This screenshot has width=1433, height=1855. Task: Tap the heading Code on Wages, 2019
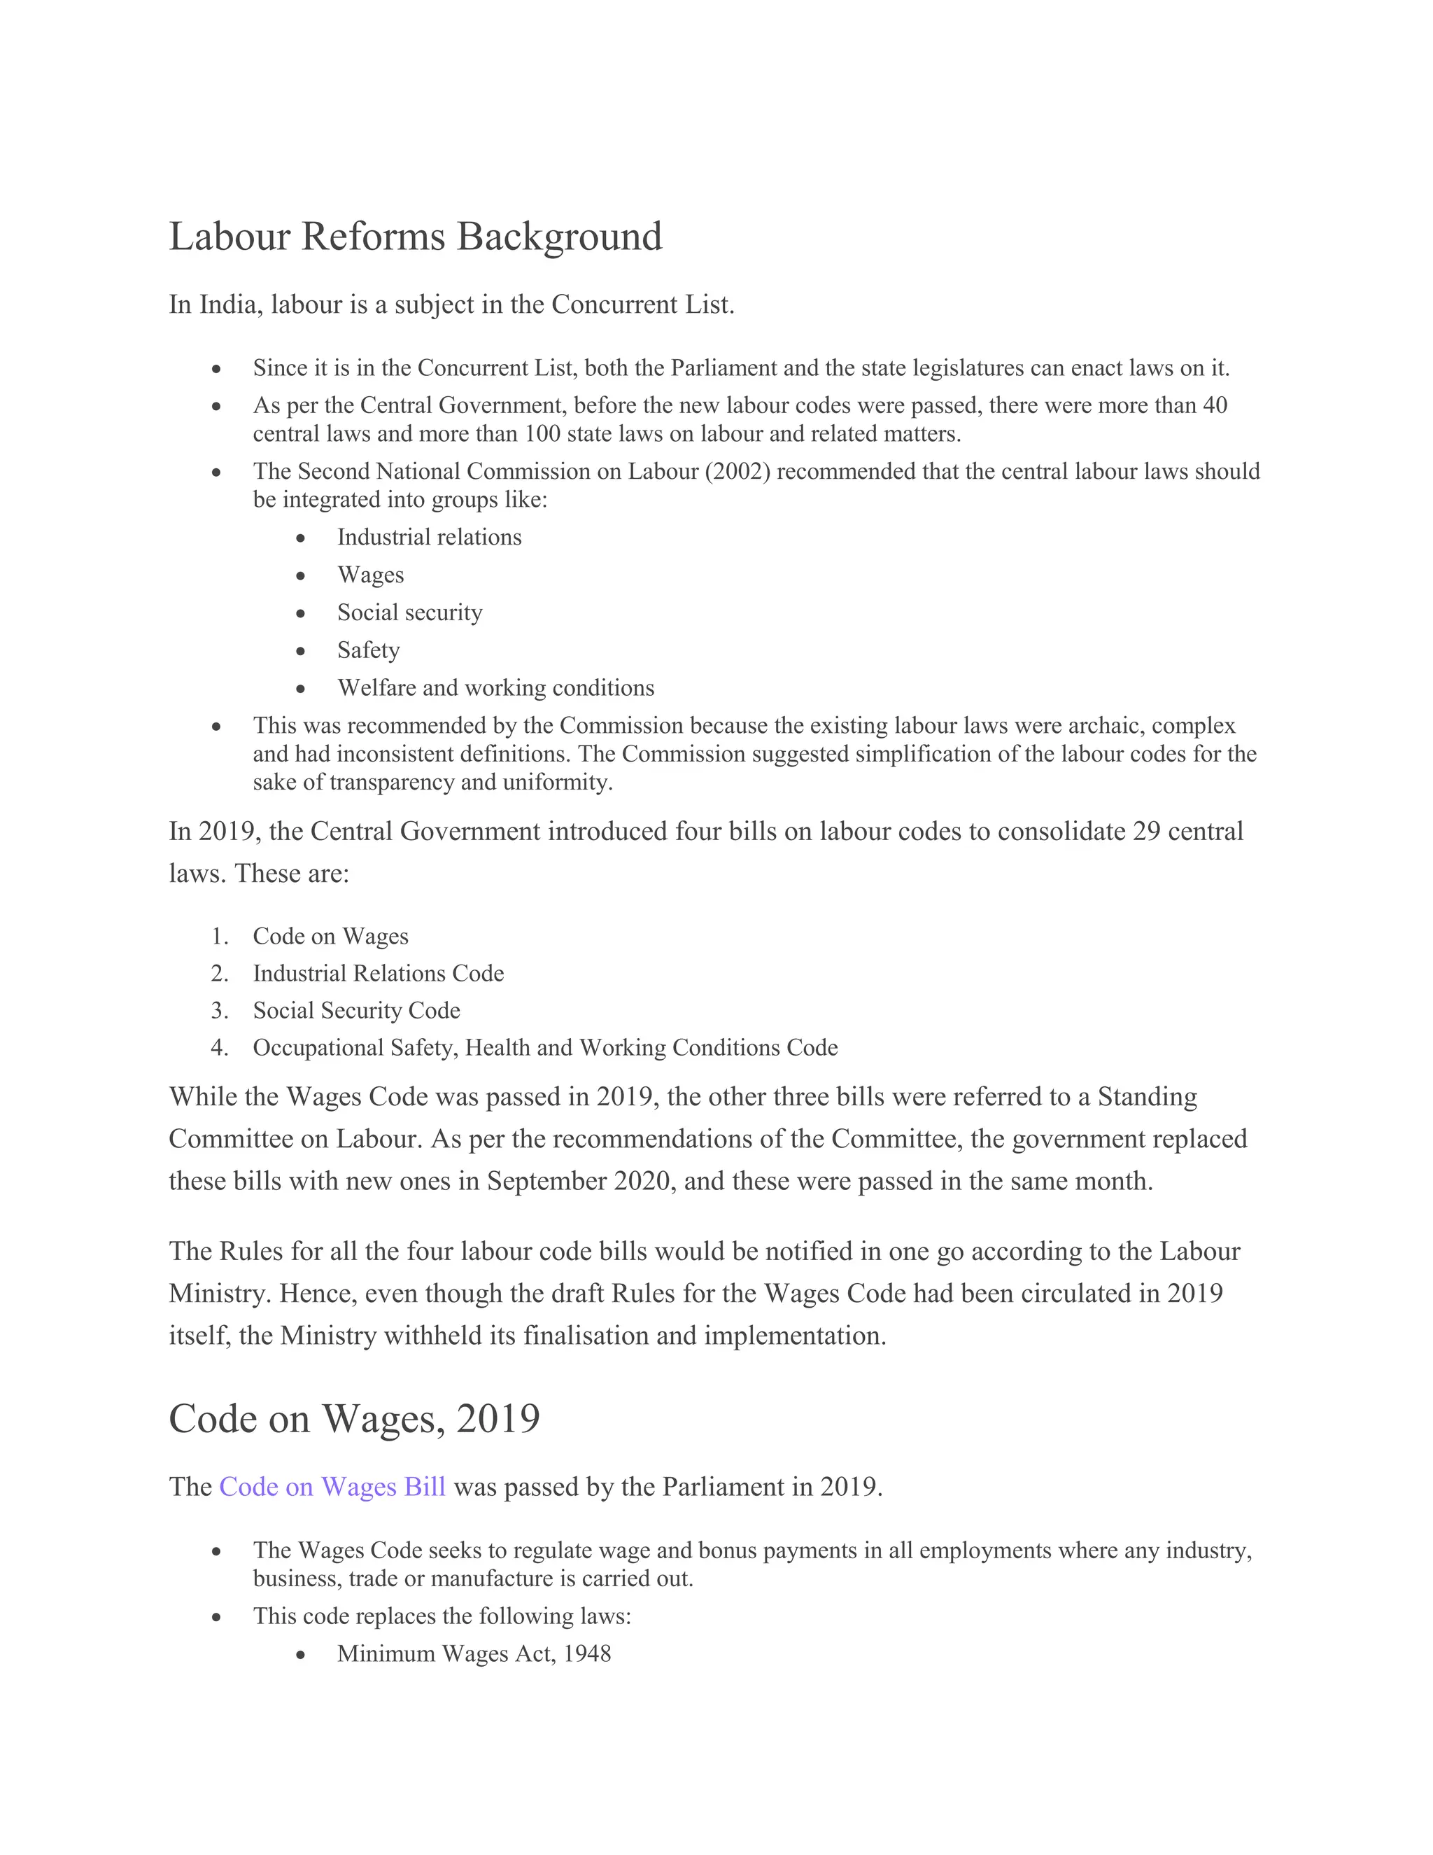point(354,1418)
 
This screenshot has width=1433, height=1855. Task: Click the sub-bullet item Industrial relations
point(429,538)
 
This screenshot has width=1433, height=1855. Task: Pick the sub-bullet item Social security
point(409,612)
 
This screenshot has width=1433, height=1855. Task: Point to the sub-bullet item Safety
point(369,650)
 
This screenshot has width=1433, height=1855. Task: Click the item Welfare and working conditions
point(496,688)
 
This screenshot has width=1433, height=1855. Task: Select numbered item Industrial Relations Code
point(378,974)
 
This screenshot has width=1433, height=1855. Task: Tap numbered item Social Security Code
point(357,1011)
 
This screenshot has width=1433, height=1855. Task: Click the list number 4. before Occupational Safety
point(220,1048)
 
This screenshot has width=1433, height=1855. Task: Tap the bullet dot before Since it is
point(218,370)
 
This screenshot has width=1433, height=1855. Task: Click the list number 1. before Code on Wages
point(220,937)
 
